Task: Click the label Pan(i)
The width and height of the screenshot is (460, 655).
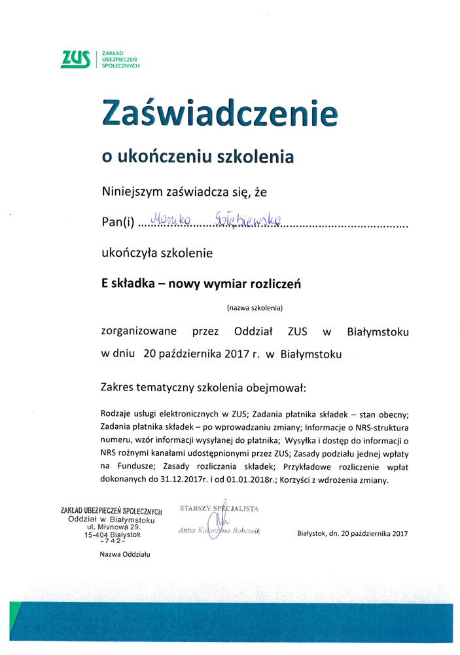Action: [x=117, y=223]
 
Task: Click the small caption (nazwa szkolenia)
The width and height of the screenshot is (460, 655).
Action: [x=255, y=307]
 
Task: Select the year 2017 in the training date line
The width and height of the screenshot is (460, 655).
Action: [x=238, y=354]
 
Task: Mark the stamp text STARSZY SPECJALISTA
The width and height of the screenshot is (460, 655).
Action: [x=219, y=508]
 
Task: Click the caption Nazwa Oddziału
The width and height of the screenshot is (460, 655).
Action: [x=125, y=554]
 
